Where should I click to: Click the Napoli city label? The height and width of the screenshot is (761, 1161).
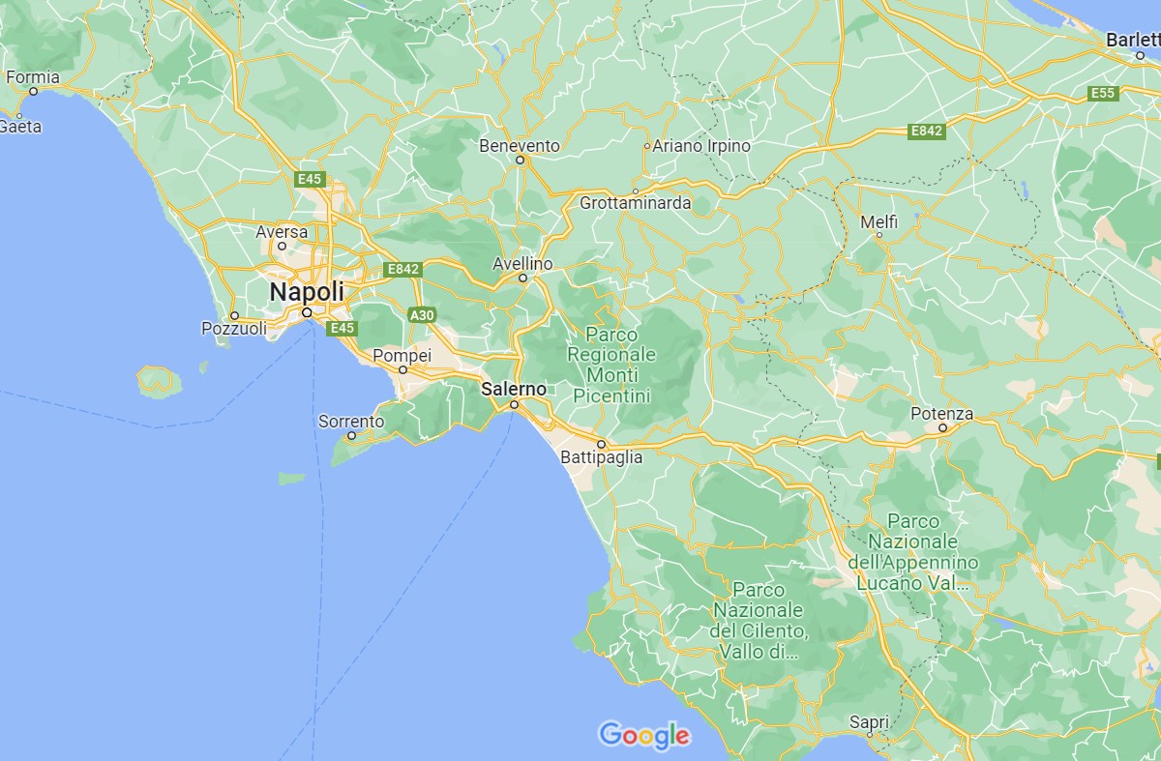point(306,291)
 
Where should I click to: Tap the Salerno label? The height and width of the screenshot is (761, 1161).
point(514,388)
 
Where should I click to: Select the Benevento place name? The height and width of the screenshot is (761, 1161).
point(520,145)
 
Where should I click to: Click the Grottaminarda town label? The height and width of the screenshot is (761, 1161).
point(636,203)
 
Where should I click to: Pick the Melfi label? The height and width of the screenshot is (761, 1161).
point(879,221)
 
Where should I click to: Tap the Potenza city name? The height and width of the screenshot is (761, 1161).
point(942,414)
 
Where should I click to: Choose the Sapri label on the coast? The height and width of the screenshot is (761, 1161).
point(869,721)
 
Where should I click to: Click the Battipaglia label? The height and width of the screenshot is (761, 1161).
point(602,458)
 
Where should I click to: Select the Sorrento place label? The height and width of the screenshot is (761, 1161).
point(350,422)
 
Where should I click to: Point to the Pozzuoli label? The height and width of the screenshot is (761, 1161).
point(234,329)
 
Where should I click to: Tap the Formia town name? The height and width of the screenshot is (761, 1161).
point(33,77)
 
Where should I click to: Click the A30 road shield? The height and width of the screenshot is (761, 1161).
point(422,315)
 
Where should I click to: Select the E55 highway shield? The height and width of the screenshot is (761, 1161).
point(1103,93)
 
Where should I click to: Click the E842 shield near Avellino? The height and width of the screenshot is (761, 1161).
point(402,269)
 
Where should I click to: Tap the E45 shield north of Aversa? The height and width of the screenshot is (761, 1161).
point(310,179)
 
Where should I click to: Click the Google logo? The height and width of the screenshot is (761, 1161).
point(644,736)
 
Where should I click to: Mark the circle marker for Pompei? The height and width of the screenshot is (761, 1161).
point(402,369)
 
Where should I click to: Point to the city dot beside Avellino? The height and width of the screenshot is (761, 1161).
point(522,278)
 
